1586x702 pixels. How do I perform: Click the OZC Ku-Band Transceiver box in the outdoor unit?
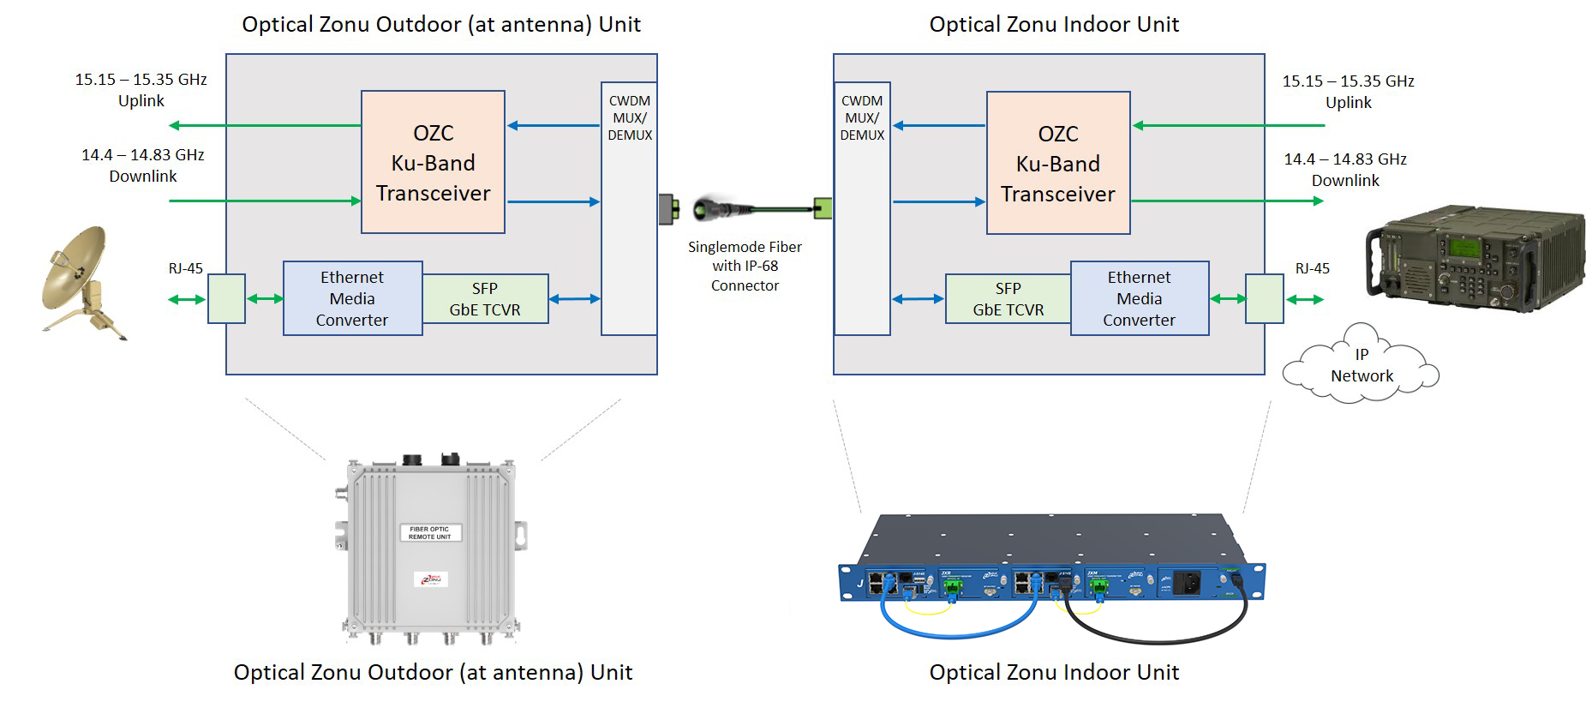(x=433, y=162)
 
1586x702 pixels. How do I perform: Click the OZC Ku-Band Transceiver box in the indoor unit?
(x=1057, y=163)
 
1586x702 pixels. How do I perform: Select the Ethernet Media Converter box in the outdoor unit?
(x=352, y=298)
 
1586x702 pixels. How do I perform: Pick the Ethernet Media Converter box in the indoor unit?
(x=1139, y=298)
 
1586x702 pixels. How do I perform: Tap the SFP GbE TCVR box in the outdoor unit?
(x=485, y=299)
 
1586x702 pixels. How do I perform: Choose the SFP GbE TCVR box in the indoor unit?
(x=1008, y=299)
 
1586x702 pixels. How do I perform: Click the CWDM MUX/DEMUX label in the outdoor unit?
(x=630, y=118)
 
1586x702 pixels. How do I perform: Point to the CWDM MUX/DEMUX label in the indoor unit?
(x=862, y=118)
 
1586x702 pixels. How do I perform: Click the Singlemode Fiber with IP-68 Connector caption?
(x=745, y=267)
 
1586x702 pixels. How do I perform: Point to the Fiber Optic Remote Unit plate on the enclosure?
(x=429, y=533)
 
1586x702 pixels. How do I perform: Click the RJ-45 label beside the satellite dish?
(x=185, y=268)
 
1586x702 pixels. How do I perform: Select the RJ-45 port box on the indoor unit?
(x=1264, y=299)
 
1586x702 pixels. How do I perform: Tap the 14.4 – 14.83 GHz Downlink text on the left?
(x=143, y=165)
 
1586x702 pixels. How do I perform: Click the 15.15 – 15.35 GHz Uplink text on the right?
(x=1348, y=92)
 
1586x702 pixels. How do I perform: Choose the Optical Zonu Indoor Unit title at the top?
(x=1054, y=24)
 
